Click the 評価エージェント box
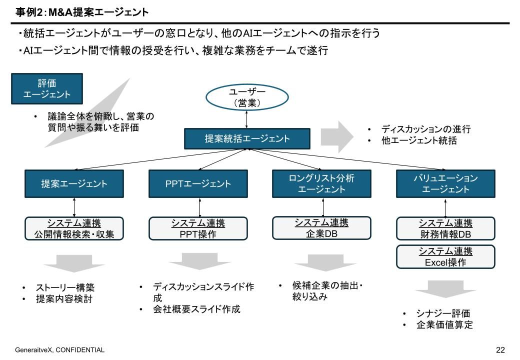pyautogui.click(x=47, y=88)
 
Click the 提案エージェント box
pyautogui.click(x=73, y=183)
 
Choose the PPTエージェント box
pyautogui.click(x=197, y=183)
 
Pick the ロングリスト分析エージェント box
pyautogui.click(x=321, y=183)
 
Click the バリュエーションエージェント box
pyautogui.click(x=445, y=183)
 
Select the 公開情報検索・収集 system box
pyautogui.click(x=74, y=228)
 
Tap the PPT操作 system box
pyautogui.click(x=197, y=228)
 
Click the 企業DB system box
pyautogui.click(x=321, y=228)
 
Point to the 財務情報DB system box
pyautogui.click(x=445, y=228)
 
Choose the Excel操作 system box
pyautogui.click(x=445, y=256)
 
